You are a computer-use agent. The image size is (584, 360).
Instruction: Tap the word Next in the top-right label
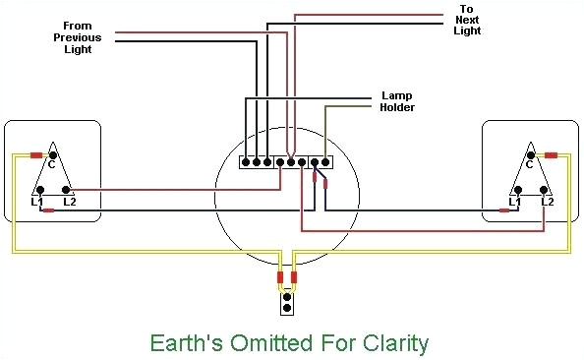(465, 21)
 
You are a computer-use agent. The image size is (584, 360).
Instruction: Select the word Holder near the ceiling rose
(398, 107)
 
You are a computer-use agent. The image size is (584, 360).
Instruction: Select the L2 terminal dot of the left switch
(66, 189)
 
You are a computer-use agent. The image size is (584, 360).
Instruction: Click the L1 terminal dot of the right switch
(514, 189)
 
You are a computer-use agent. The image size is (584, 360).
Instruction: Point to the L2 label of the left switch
(69, 202)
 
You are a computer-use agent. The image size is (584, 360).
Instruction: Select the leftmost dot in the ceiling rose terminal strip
(246, 160)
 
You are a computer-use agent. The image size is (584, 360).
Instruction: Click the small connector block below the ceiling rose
(287, 301)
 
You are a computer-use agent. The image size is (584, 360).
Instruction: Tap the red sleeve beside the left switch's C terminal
(35, 155)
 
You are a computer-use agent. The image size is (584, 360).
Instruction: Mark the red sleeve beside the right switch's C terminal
(551, 155)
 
